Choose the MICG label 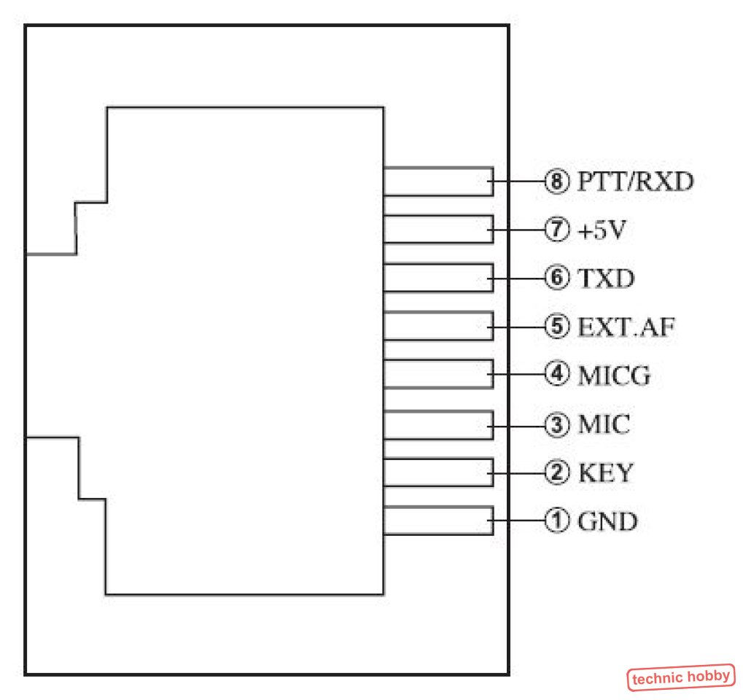click(614, 376)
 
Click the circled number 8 click(556, 181)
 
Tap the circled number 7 click(556, 230)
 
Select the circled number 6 click(556, 279)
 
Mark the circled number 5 click(556, 327)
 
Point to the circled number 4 click(556, 376)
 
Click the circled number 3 click(556, 424)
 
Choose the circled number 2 click(556, 473)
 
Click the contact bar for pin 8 click(437, 181)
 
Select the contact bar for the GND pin click(437, 521)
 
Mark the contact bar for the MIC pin click(437, 424)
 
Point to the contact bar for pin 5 click(437, 327)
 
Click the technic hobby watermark click(681, 677)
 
